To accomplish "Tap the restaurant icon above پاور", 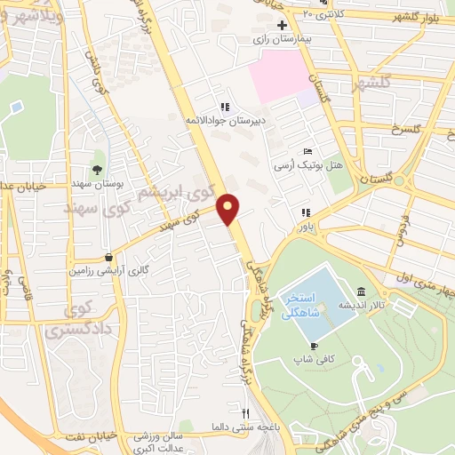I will click(x=306, y=212).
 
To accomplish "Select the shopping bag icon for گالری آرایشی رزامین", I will click(x=108, y=256).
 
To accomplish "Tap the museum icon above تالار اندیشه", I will click(x=361, y=291).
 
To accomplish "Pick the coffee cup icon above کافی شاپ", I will click(x=313, y=346).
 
